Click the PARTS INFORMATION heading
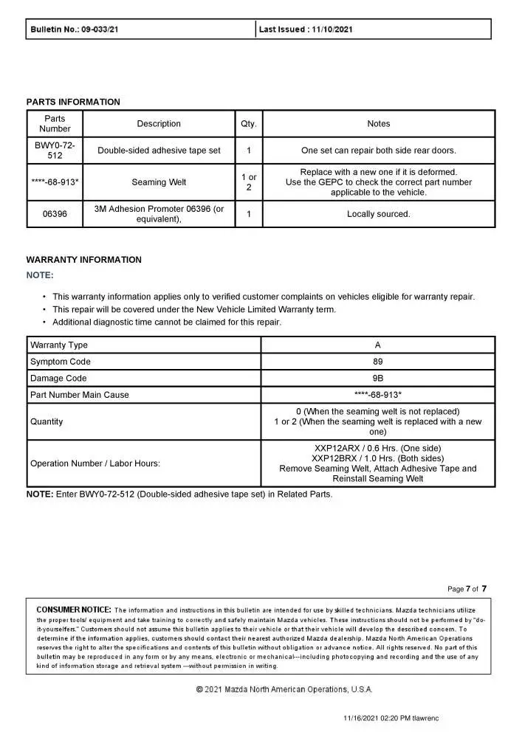tap(73, 102)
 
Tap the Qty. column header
tap(249, 124)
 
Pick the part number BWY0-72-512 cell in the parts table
tap(55, 151)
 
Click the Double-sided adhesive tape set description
tap(159, 151)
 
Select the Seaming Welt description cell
tap(159, 182)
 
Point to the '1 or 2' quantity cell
tap(249, 182)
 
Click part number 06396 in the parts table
tap(55, 214)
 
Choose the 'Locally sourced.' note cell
tap(378, 214)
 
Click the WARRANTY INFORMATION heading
tap(83, 260)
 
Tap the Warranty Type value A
tap(378, 345)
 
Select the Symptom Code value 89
tap(378, 362)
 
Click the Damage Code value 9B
tap(378, 378)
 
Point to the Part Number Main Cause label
tap(79, 395)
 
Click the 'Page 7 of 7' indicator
tap(467, 588)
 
